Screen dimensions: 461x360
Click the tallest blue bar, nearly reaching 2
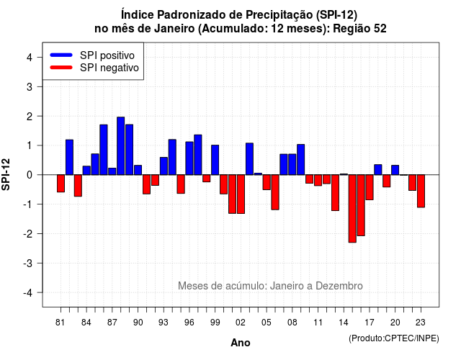click(120, 145)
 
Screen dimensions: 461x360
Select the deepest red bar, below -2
click(352, 209)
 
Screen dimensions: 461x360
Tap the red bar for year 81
click(61, 184)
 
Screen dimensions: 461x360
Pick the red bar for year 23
click(421, 191)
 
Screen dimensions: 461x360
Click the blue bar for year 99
click(215, 160)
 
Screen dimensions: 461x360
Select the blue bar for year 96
click(189, 158)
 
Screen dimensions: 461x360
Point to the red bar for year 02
click(241, 194)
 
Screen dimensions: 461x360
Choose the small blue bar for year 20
click(395, 170)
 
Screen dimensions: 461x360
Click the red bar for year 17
click(370, 187)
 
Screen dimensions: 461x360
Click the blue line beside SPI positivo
click(61, 55)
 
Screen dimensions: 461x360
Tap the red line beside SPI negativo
click(61, 67)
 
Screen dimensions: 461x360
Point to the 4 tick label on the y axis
click(30, 58)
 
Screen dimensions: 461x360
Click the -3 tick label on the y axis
click(28, 263)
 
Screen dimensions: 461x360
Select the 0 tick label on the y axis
click(30, 175)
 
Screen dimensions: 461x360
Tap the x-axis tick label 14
click(344, 323)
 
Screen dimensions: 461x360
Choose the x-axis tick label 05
click(267, 323)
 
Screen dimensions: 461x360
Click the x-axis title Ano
click(241, 343)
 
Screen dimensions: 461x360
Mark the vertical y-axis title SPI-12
click(6, 174)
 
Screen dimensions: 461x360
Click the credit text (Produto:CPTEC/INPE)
click(394, 338)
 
